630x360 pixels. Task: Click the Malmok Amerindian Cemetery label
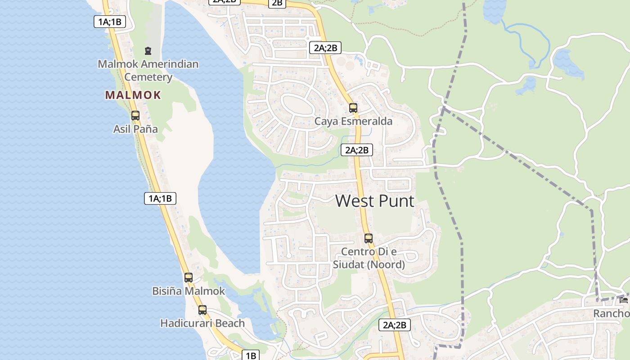point(148,70)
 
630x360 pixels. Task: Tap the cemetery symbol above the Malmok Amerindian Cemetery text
point(148,50)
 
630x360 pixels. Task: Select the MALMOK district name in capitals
point(133,95)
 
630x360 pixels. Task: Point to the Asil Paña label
point(135,129)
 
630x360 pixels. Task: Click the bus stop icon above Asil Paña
point(135,115)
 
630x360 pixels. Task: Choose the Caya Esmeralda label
point(353,121)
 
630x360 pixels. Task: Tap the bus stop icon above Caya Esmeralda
point(353,108)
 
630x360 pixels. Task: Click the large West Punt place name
point(374,201)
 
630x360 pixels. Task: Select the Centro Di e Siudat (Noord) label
point(369,258)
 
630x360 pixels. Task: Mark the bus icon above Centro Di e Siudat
point(369,238)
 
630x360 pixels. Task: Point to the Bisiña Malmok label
point(189,291)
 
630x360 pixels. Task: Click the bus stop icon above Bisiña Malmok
point(189,277)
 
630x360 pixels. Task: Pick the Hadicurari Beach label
point(202,323)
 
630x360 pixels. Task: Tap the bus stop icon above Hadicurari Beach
point(202,310)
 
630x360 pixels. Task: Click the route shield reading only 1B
point(251,355)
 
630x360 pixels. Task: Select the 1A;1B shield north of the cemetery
point(110,21)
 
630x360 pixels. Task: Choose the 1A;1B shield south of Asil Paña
point(160,198)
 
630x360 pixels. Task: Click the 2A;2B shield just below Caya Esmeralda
point(357,150)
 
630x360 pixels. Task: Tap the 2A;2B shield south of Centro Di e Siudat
point(395,325)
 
